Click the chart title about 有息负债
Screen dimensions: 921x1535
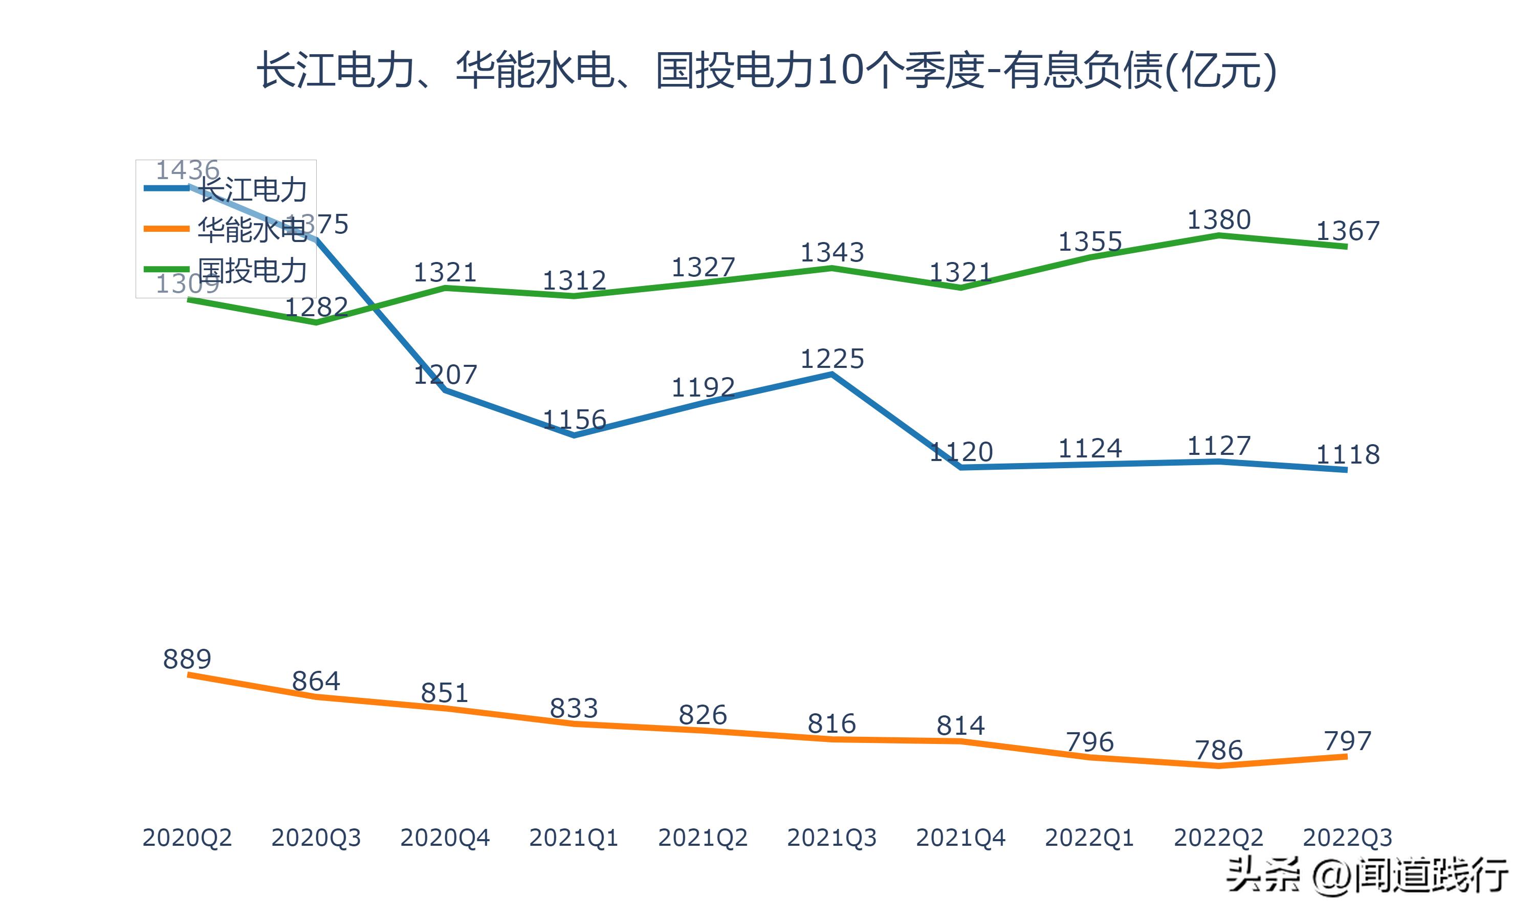pyautogui.click(x=767, y=70)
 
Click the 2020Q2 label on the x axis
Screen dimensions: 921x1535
pyautogui.click(x=187, y=838)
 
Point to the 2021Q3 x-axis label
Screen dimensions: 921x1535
pyautogui.click(x=831, y=838)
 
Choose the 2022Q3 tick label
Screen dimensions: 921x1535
pyautogui.click(x=1347, y=838)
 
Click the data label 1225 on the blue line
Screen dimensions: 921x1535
pyautogui.click(x=831, y=359)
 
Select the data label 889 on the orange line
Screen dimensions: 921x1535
pyautogui.click(x=187, y=659)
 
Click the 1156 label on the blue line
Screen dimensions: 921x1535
pyautogui.click(x=574, y=420)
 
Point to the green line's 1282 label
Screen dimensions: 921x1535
pyautogui.click(x=316, y=307)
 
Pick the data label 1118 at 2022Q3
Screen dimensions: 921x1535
pyautogui.click(x=1347, y=455)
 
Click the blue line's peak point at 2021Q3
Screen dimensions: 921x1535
pyautogui.click(x=831, y=374)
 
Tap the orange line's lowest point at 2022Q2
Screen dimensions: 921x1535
pyautogui.click(x=1219, y=766)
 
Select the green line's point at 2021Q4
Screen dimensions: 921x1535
pyautogui.click(x=960, y=288)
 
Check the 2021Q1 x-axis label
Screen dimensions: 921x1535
pyautogui.click(x=574, y=838)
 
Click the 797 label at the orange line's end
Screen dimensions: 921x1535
pyautogui.click(x=1347, y=741)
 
